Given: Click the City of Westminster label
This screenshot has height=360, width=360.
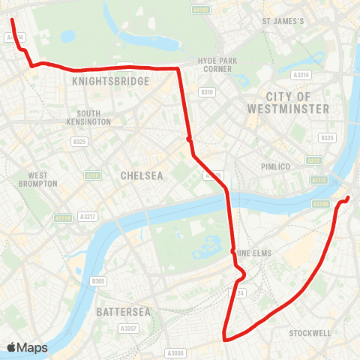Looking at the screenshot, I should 288,103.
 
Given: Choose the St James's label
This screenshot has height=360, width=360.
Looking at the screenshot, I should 283,21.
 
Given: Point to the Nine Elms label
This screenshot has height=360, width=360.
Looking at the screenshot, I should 254,253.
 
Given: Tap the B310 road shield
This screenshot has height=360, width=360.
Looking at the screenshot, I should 207,91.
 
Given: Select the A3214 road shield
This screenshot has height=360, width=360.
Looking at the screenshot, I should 301,75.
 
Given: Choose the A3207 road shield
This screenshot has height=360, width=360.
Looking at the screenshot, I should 127,328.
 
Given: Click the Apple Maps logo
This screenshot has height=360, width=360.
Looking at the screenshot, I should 28,347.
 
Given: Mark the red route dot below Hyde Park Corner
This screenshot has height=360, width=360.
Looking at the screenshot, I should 190,138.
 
